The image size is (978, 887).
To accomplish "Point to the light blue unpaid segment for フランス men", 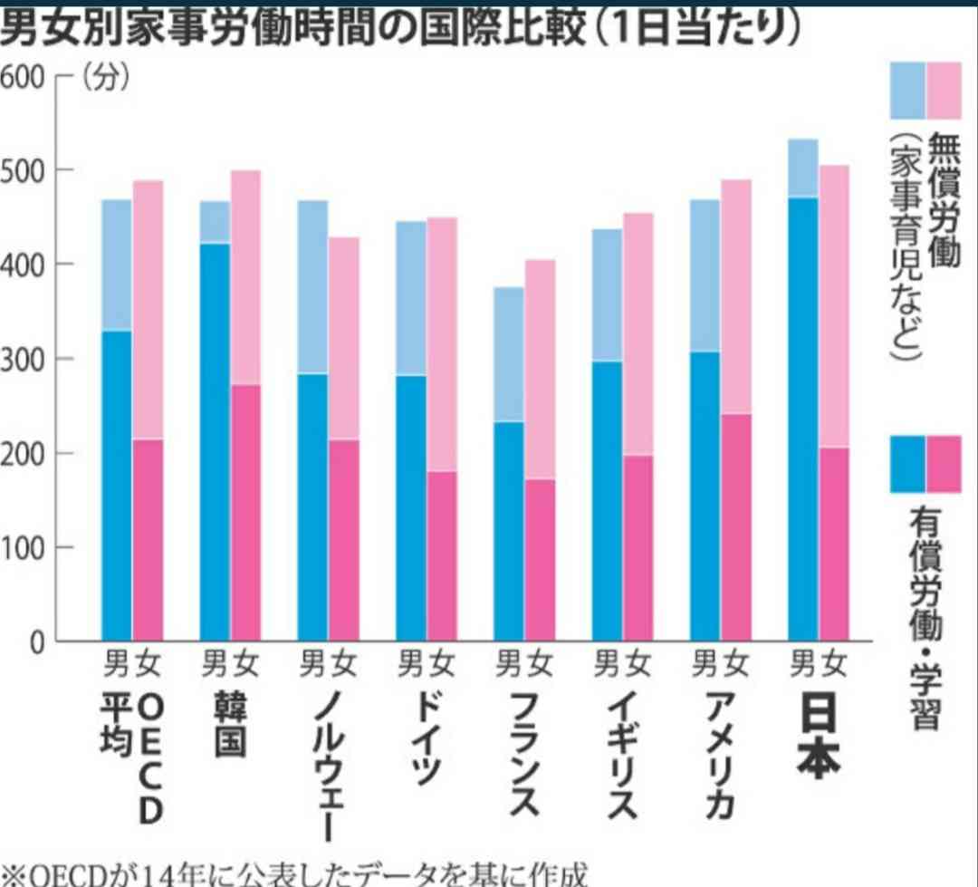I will (509, 354).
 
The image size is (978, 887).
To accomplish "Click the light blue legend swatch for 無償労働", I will (907, 91).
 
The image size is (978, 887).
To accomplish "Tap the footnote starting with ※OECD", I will (294, 874).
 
